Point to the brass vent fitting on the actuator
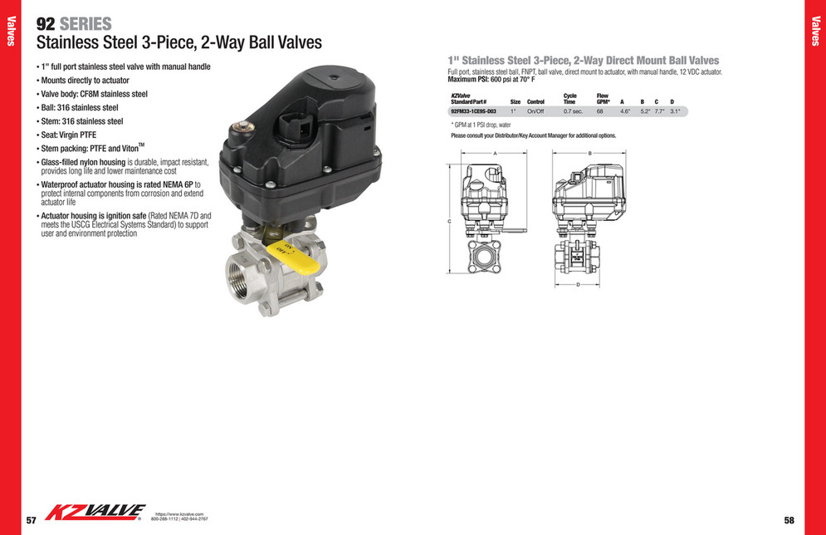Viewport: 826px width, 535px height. tap(245, 126)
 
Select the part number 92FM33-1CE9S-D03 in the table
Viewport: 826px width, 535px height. tap(472, 110)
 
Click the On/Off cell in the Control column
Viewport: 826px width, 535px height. tap(535, 110)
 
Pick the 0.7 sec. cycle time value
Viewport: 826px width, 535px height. tap(573, 110)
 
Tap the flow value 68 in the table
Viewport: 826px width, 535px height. tap(599, 110)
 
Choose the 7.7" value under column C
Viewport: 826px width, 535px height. tap(659, 110)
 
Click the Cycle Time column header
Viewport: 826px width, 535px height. tap(570, 99)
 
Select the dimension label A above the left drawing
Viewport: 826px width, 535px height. tap(495, 154)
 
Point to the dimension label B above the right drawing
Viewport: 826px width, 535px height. tap(589, 154)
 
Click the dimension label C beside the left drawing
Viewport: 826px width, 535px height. tap(449, 222)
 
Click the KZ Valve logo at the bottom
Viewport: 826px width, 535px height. tap(95, 513)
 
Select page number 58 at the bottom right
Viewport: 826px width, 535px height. tap(789, 520)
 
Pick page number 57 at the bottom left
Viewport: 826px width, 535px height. tap(31, 520)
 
